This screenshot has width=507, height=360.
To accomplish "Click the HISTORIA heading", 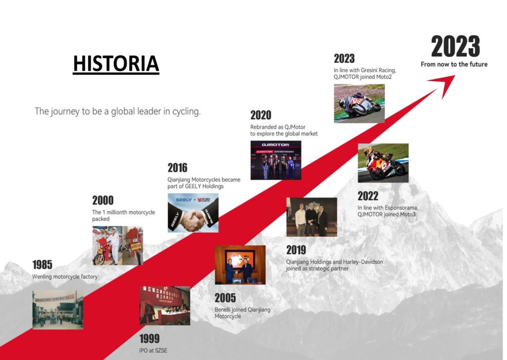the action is (x=116, y=63).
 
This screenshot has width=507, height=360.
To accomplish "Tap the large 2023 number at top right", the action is (x=456, y=47).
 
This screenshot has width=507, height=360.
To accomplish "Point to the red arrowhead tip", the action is (x=455, y=76).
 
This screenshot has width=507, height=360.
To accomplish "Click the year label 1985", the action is (x=43, y=265).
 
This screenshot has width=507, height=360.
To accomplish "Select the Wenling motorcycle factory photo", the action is (x=58, y=310).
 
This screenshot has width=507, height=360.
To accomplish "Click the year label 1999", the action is (x=150, y=339).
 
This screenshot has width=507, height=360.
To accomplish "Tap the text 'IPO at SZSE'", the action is (x=153, y=351).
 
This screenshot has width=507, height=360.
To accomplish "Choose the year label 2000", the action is (x=103, y=201).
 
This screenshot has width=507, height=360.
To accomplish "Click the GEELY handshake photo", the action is (x=193, y=213).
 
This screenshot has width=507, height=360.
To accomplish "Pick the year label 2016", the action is (x=178, y=168).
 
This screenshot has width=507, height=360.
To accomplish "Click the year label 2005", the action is (x=225, y=298).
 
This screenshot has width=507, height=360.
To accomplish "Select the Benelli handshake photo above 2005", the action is (x=240, y=265).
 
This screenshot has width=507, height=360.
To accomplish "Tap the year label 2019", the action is (x=296, y=250).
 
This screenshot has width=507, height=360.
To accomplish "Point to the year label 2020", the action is (x=261, y=115).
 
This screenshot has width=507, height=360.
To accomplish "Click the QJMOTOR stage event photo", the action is (x=276, y=160).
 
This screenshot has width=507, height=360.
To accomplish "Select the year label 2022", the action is (x=368, y=196).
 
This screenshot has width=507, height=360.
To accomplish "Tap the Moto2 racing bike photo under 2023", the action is (x=359, y=103).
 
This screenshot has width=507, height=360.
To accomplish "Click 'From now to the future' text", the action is (x=454, y=64).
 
